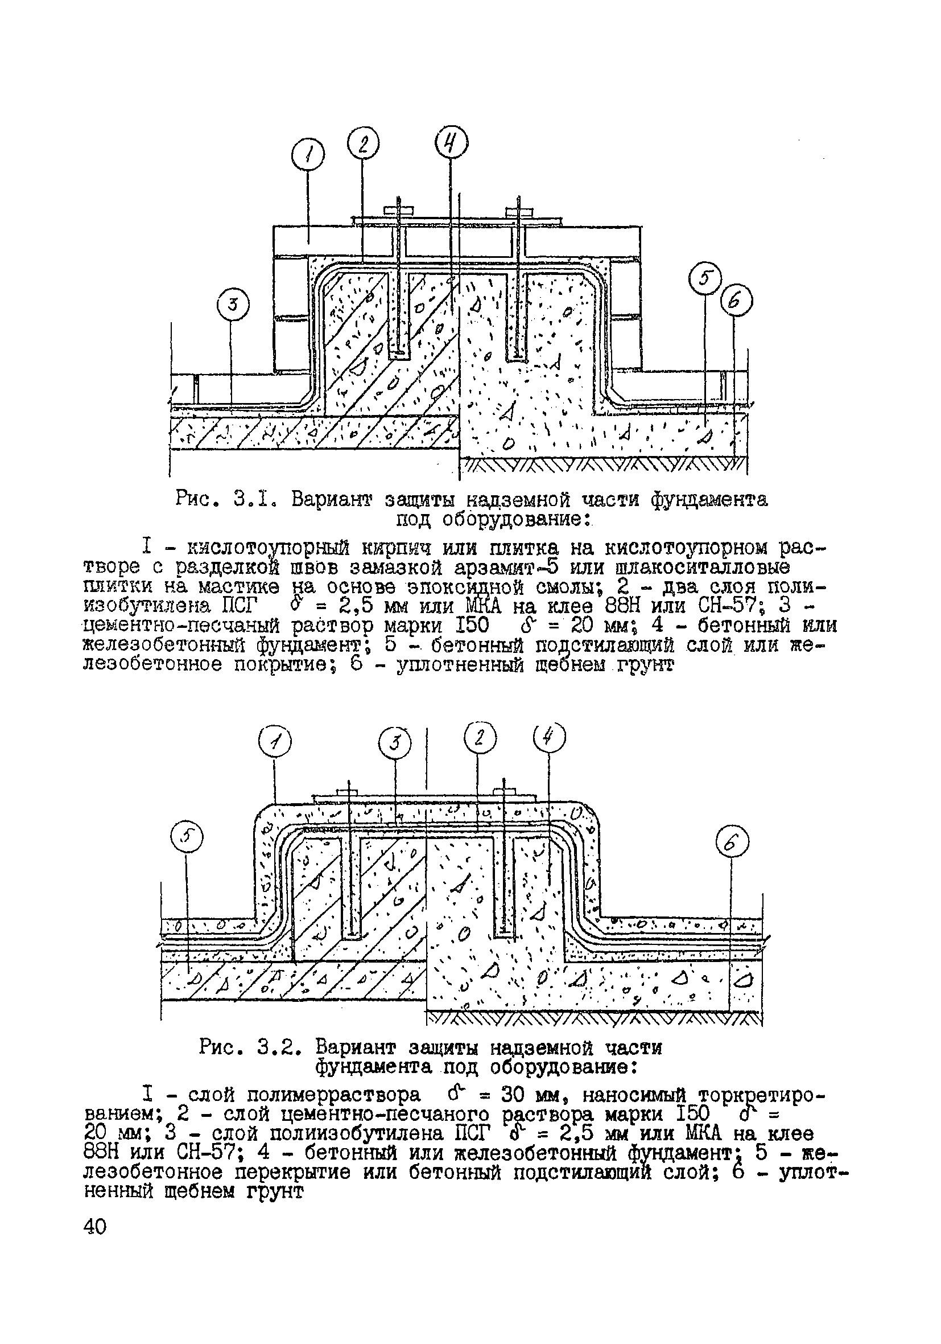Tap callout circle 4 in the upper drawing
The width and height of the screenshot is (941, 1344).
click(x=452, y=143)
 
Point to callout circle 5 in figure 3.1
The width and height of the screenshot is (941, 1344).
click(x=705, y=278)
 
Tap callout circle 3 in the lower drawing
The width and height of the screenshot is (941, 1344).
click(x=395, y=744)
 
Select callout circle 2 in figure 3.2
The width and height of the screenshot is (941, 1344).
click(x=480, y=739)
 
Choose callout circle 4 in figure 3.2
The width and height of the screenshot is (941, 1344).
click(x=550, y=738)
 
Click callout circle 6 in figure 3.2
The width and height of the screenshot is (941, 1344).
click(x=733, y=844)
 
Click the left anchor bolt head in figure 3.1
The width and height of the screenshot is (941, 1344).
click(x=398, y=209)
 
